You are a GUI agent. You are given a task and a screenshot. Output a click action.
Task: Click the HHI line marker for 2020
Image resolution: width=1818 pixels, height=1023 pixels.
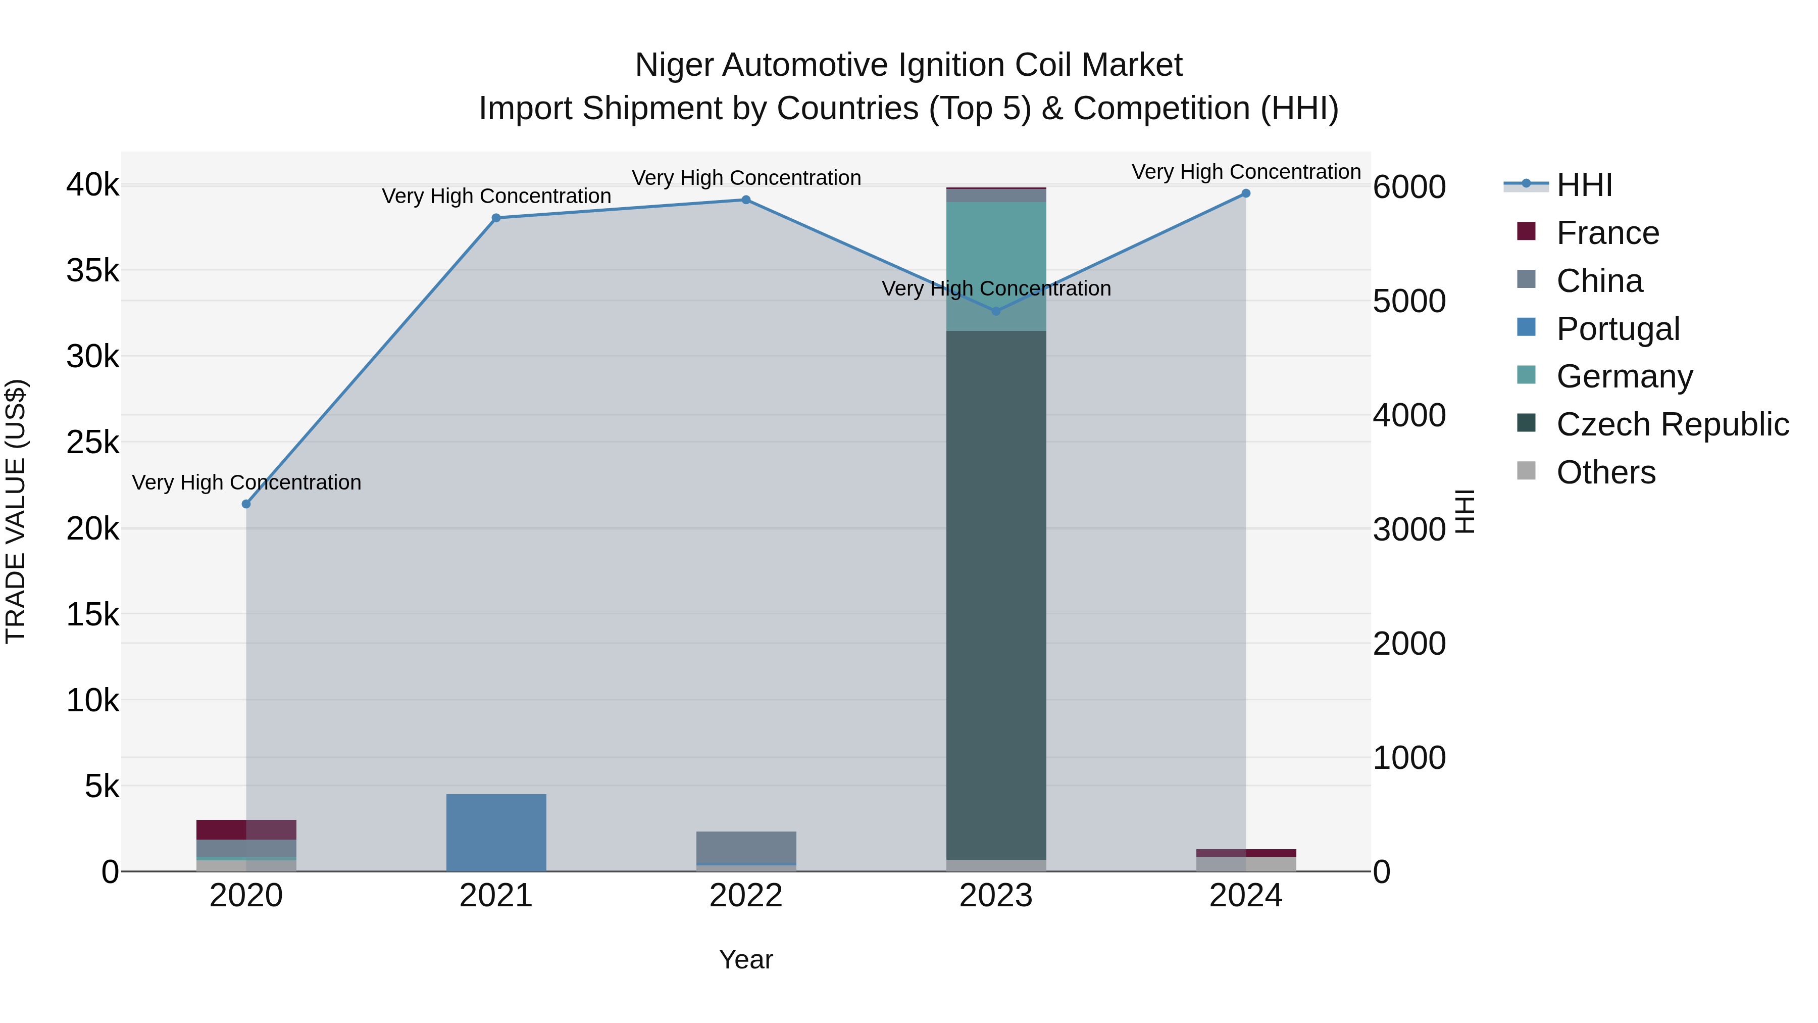click(x=246, y=504)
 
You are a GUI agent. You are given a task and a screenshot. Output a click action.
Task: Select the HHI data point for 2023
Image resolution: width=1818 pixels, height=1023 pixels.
click(x=996, y=311)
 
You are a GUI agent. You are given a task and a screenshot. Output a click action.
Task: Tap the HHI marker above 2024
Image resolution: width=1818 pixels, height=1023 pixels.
click(x=1246, y=193)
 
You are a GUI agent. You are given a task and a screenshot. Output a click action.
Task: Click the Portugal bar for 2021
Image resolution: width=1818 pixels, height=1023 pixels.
click(x=496, y=833)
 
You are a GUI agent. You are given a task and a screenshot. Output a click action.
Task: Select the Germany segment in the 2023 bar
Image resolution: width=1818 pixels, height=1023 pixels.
click(x=996, y=266)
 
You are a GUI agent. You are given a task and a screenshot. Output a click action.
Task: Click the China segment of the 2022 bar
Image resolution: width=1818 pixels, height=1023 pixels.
click(x=746, y=847)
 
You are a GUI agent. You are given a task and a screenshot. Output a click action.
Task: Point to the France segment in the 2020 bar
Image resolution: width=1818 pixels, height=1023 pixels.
click(x=246, y=830)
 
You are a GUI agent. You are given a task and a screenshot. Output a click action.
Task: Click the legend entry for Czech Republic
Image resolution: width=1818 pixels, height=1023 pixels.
click(x=1672, y=425)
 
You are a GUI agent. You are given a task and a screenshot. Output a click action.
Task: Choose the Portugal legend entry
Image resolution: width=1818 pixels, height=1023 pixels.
click(x=1618, y=329)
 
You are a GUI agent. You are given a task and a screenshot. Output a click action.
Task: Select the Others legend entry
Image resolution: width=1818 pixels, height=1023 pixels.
click(x=1605, y=472)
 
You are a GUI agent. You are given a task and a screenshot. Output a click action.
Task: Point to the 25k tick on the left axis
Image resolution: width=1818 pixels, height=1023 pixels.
click(x=92, y=443)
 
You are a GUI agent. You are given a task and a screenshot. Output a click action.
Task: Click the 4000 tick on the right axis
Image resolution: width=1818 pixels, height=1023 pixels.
click(x=1408, y=416)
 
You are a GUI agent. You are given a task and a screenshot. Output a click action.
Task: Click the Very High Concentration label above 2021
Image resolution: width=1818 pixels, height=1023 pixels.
click(x=496, y=197)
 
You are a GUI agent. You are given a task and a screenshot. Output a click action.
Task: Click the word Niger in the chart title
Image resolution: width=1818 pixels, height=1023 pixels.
click(x=675, y=66)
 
